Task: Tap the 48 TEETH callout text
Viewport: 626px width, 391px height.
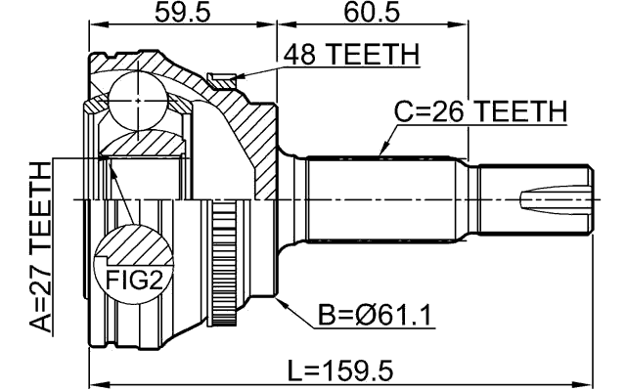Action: coord(350,56)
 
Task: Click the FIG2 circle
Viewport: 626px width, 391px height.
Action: coord(132,264)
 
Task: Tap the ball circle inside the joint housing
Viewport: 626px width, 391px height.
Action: coord(134,99)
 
